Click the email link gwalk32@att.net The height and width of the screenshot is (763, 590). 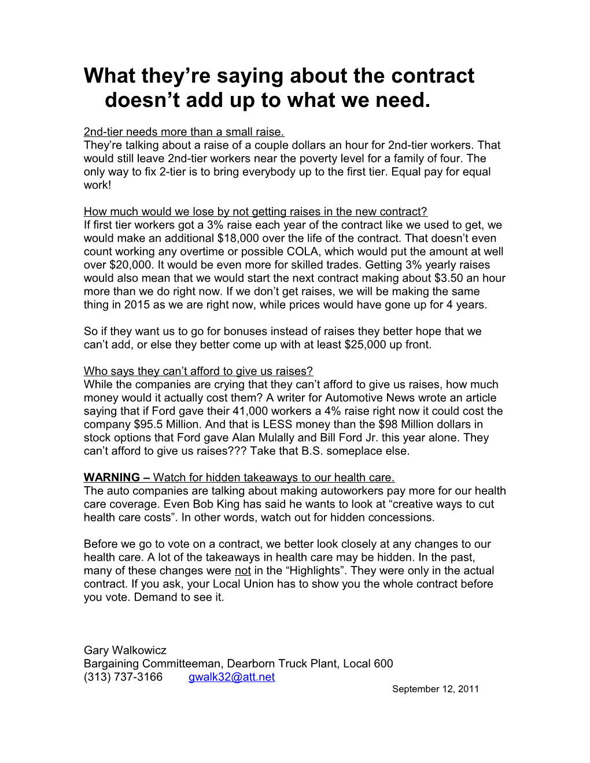(x=231, y=677)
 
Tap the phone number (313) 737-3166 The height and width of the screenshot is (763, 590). (x=123, y=677)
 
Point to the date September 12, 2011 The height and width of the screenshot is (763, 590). (x=435, y=689)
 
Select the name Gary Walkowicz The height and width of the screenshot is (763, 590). (x=125, y=650)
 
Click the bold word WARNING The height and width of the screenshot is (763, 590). (x=112, y=477)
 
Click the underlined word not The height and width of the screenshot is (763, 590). (x=242, y=571)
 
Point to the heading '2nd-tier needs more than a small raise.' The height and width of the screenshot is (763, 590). (x=184, y=132)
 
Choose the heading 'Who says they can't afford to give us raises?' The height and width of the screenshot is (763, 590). (x=198, y=371)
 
